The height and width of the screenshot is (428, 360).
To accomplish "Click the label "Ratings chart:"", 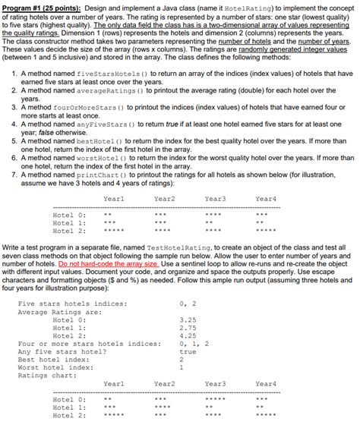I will (45, 375).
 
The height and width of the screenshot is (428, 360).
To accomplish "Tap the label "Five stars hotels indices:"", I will (72, 304).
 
